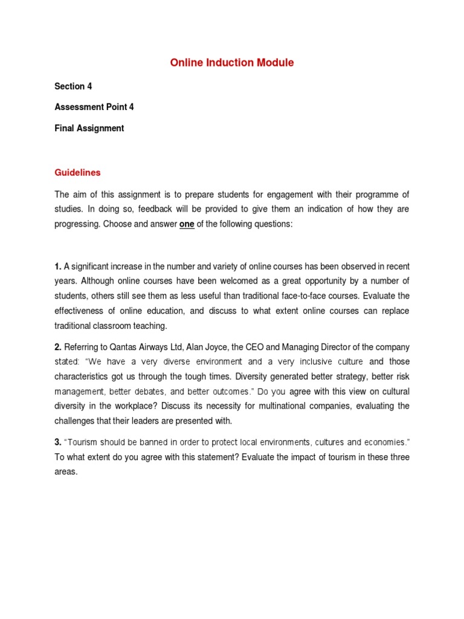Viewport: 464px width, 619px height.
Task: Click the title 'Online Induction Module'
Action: (231, 63)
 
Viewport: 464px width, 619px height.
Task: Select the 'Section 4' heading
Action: (73, 86)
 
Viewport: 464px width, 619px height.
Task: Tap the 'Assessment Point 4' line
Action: (94, 107)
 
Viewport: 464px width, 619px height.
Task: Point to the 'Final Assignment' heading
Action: (89, 128)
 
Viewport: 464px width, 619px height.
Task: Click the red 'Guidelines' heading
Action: (77, 173)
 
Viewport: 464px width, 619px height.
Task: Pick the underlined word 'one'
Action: (187, 224)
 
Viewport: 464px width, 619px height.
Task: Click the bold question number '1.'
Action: (58, 267)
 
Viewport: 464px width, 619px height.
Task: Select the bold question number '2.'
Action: (58, 347)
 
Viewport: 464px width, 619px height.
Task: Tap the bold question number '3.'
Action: (58, 442)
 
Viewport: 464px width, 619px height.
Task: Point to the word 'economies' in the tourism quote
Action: (382, 442)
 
